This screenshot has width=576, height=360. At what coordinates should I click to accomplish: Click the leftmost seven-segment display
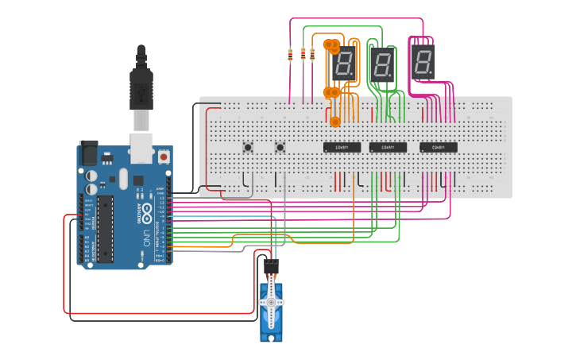(344, 62)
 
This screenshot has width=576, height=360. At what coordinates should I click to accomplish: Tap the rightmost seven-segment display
(423, 61)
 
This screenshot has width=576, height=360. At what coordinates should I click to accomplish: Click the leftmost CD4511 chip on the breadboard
(342, 147)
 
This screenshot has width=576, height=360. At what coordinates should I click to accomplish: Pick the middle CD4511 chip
(388, 147)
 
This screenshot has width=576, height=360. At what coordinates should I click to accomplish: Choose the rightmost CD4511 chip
(439, 147)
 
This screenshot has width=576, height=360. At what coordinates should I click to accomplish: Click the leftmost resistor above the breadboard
(291, 56)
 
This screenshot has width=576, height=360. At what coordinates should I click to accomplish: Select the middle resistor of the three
(302, 56)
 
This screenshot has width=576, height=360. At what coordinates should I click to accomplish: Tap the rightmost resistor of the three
(312, 56)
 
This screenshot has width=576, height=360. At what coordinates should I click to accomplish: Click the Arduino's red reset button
(164, 157)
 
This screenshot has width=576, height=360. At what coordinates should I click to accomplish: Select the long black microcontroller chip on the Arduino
(105, 229)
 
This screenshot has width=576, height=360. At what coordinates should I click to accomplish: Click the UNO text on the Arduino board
(145, 234)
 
